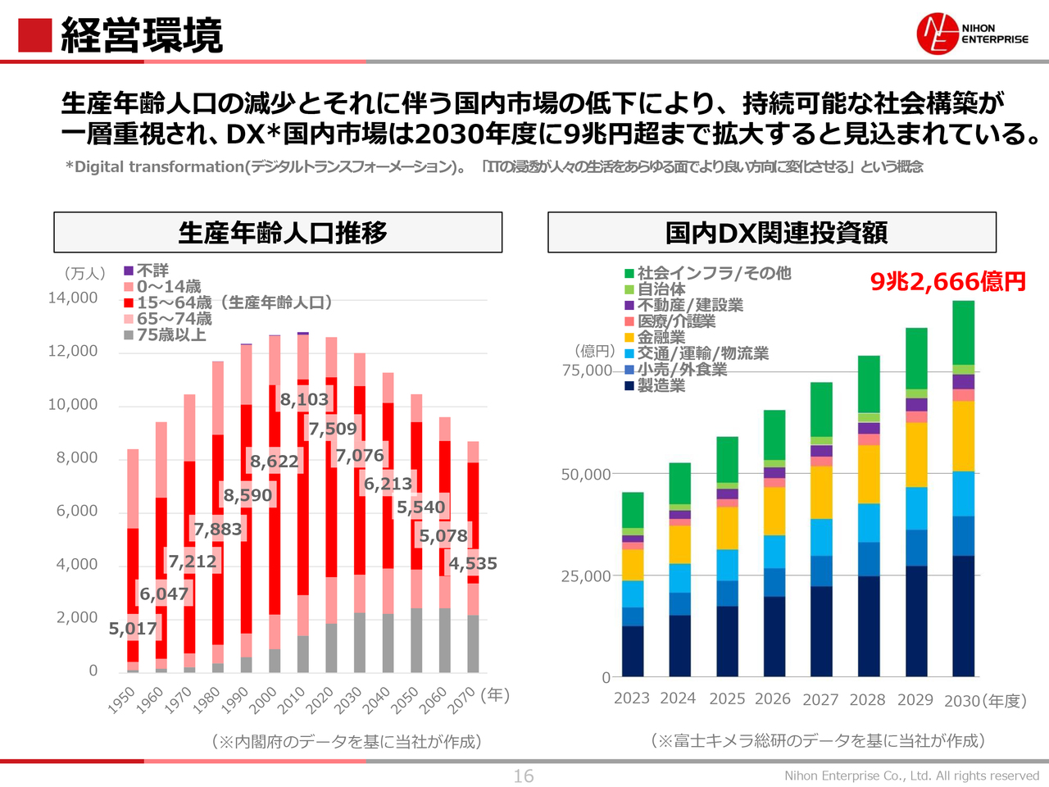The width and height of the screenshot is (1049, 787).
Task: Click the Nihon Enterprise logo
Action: pos(972,34)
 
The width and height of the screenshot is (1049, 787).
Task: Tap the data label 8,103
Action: pos(304,399)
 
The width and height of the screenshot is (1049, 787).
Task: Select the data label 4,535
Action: pos(473,563)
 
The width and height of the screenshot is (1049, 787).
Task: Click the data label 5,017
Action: pos(133,629)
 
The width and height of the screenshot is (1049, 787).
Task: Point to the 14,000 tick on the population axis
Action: pos(73,298)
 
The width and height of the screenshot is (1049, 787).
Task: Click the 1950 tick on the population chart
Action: pos(122,699)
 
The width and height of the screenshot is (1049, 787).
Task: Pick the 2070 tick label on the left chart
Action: pos(461,699)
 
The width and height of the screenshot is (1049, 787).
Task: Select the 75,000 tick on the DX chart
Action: pos(587,371)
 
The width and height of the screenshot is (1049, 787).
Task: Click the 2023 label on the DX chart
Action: pos(632,698)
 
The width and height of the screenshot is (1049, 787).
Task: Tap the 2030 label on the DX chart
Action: pos(962,701)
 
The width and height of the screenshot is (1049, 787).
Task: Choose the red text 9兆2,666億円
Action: pos(947,282)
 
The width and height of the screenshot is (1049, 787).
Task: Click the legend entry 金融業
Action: pos(661,337)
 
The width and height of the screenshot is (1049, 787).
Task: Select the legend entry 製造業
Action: pos(661,385)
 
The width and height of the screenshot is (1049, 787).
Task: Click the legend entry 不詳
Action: pos(152,271)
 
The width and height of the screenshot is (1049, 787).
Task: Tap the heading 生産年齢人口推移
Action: pos(282,233)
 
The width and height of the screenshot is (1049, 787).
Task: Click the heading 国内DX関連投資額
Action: pos(775,233)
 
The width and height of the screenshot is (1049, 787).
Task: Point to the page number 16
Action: pos(524,776)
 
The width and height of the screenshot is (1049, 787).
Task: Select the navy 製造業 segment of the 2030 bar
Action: pos(964,615)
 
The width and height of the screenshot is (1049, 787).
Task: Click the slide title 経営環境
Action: pos(141,35)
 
